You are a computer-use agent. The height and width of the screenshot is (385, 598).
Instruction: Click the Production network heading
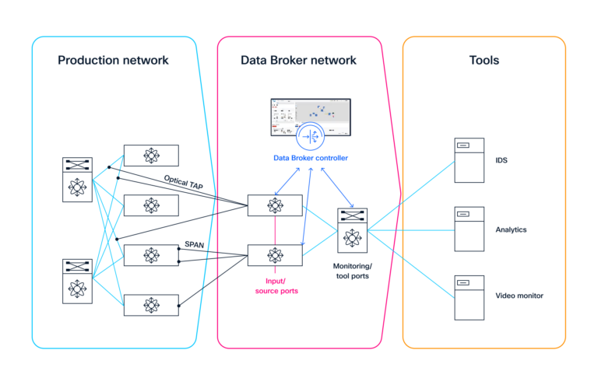[x=113, y=60]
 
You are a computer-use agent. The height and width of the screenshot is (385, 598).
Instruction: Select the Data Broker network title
[x=299, y=60]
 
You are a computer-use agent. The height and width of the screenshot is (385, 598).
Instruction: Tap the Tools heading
[x=484, y=60]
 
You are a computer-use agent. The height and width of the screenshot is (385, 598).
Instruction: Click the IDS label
[x=501, y=160]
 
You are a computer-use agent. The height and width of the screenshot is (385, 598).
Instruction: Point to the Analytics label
[x=511, y=229]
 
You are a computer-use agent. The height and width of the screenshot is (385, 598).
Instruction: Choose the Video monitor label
[x=519, y=296]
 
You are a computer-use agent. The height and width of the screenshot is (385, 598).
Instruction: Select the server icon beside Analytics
[x=469, y=229]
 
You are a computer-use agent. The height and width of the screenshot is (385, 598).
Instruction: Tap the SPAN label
[x=194, y=244]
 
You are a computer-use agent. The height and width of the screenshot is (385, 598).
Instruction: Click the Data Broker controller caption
[x=311, y=159]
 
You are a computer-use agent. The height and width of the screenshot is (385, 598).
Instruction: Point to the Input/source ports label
[x=275, y=285]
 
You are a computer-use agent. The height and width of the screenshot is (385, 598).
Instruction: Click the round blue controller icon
[x=311, y=137]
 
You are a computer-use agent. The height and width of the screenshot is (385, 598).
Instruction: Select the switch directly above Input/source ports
[x=275, y=255]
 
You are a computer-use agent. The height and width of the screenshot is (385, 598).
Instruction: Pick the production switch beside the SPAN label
[x=151, y=255]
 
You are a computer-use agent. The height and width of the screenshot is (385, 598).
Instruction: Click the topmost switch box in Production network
[x=151, y=156]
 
